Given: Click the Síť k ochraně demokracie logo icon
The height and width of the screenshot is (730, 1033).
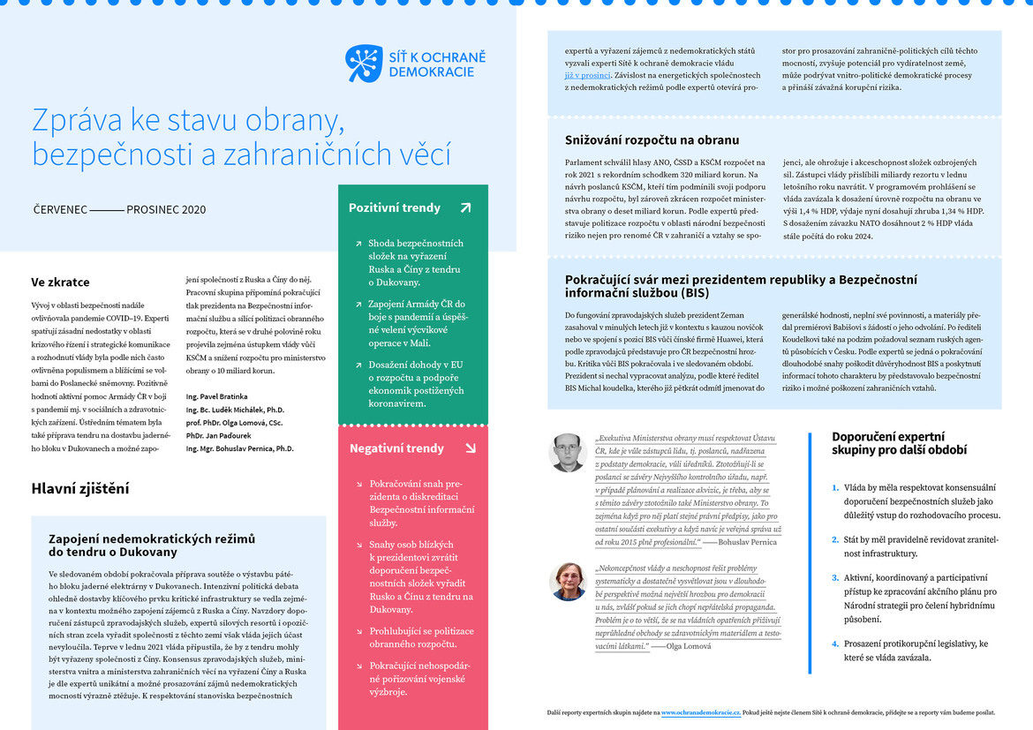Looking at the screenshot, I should [x=364, y=64].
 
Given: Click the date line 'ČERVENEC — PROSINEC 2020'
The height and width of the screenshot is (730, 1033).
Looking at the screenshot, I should [x=119, y=210].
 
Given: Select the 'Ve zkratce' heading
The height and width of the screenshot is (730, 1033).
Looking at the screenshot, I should [x=60, y=282].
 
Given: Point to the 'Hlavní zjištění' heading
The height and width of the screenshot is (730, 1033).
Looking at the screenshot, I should [x=80, y=488].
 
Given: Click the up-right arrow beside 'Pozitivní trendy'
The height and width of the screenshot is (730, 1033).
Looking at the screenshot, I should [x=465, y=208].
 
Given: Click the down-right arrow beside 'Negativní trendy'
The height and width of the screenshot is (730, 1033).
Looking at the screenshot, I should [x=470, y=448].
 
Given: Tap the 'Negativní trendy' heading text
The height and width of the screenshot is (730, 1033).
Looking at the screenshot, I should [x=396, y=448].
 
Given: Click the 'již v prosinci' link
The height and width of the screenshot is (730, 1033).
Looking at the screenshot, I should [x=587, y=75].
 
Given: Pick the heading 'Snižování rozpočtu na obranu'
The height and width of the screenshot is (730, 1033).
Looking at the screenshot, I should [x=652, y=140].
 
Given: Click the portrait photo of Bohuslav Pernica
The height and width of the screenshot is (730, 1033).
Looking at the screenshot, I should [x=568, y=452].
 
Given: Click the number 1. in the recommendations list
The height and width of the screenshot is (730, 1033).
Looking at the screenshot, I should [x=835, y=487].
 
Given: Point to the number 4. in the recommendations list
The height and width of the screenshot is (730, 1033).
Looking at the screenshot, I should [x=835, y=643].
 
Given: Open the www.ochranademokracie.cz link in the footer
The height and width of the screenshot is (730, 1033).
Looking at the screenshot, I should [x=701, y=711].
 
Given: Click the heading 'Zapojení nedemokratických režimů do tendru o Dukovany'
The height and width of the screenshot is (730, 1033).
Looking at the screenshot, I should [x=151, y=545].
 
